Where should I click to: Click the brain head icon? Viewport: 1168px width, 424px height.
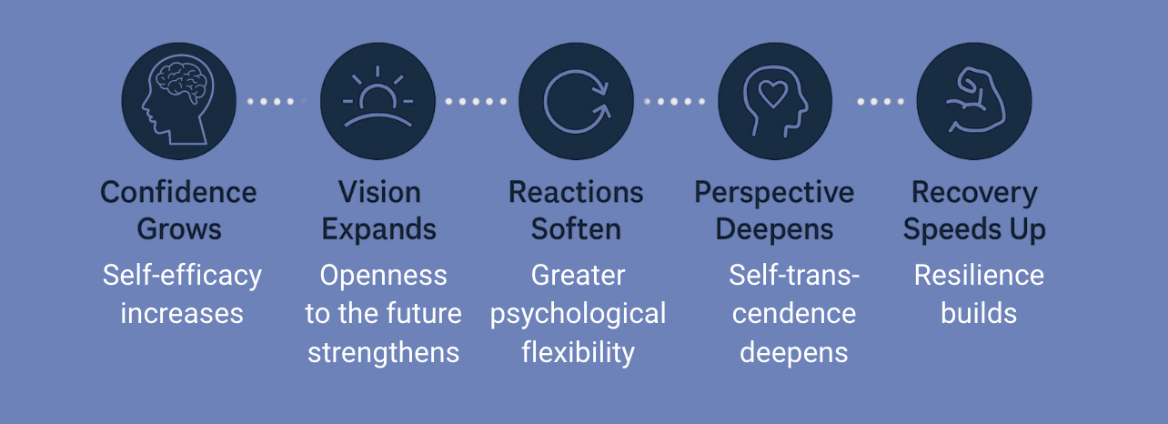tap(179, 101)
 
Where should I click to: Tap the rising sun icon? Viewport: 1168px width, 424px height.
tap(378, 101)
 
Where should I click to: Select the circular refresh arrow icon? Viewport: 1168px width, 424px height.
tap(577, 101)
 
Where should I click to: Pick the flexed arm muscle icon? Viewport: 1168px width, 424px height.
tap(973, 101)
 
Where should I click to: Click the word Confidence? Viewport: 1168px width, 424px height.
tap(178, 193)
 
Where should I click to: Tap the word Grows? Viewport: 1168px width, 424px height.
tap(179, 229)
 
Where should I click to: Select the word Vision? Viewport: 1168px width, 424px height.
tap(379, 193)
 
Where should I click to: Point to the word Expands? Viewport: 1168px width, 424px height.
tap(379, 229)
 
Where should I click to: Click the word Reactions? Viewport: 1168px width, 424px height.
tap(576, 193)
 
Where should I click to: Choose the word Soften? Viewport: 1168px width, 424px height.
tap(576, 229)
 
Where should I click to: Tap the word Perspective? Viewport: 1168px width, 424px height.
tap(774, 193)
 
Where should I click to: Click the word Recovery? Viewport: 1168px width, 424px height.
tap(974, 193)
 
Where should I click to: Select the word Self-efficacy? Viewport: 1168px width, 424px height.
tap(182, 275)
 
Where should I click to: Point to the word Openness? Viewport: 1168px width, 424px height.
tap(383, 275)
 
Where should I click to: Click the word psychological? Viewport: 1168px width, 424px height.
tap(578, 315)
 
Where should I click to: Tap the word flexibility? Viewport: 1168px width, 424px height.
tap(578, 352)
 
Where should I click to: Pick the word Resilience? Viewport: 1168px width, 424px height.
tap(979, 275)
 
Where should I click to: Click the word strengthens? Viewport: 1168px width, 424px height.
tap(383, 352)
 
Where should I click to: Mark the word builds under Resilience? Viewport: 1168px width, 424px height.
tap(979, 314)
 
